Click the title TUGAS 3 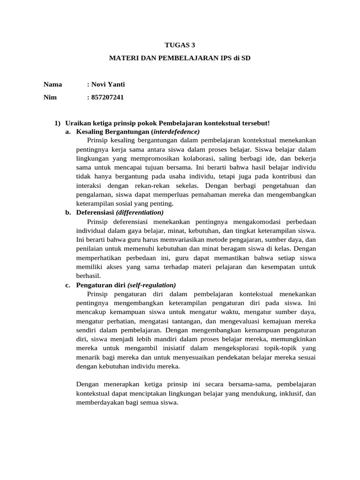tap(180, 45)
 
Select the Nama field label tap(53, 84)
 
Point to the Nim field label tap(50, 97)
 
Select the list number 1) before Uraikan tap(58, 123)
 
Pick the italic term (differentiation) tap(140, 212)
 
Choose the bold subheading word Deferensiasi tap(95, 212)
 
